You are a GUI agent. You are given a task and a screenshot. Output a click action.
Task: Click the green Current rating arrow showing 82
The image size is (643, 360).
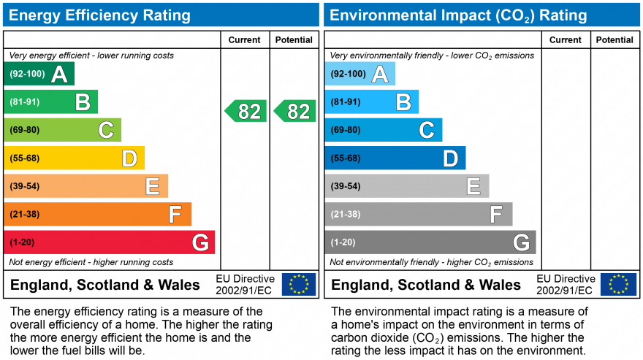click(246, 111)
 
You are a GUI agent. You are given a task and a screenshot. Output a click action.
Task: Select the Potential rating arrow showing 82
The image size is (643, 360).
click(295, 111)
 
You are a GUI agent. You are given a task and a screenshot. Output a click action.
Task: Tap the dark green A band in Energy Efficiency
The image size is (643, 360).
click(39, 74)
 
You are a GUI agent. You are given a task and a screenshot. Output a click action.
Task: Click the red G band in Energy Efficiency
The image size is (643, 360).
click(110, 242)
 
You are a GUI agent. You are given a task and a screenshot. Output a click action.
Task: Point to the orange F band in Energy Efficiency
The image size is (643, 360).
click(98, 215)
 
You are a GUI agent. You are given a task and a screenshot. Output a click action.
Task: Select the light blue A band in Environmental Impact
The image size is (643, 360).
click(360, 74)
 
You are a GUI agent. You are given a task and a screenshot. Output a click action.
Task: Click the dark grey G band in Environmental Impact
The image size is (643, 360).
click(430, 242)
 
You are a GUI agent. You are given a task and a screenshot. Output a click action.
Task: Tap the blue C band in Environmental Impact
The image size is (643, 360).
click(384, 130)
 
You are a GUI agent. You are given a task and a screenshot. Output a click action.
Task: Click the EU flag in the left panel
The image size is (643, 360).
click(298, 284)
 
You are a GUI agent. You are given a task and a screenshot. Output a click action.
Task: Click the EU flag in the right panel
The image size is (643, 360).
click(618, 284)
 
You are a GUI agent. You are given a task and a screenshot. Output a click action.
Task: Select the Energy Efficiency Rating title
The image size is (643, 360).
click(99, 15)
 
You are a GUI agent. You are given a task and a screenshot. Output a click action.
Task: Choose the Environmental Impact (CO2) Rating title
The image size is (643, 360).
click(457, 15)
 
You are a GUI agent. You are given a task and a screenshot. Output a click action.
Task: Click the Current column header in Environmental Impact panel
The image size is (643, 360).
click(566, 40)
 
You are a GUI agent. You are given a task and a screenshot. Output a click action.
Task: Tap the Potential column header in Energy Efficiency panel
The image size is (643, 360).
click(294, 40)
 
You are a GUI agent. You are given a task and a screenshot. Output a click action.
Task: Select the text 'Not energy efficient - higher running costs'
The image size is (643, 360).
click(91, 262)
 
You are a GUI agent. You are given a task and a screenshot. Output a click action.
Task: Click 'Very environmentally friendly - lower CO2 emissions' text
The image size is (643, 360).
click(432, 55)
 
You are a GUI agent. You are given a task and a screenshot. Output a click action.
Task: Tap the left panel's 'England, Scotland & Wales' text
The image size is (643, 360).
click(105, 285)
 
